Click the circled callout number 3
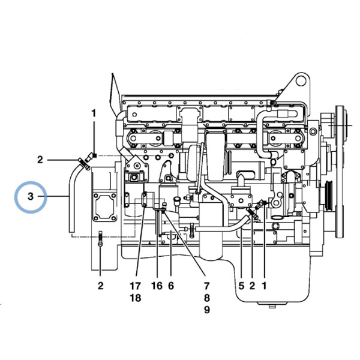31,197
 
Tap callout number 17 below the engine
135,286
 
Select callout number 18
135,298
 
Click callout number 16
157,286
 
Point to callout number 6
171,286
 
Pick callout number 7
206,286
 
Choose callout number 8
206,298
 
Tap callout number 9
206,310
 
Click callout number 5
241,286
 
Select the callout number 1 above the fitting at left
94,113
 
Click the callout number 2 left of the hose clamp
40,160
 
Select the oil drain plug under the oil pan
272,305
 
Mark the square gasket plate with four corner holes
104,207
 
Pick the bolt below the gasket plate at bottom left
100,239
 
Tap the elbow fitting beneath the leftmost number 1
90,157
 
